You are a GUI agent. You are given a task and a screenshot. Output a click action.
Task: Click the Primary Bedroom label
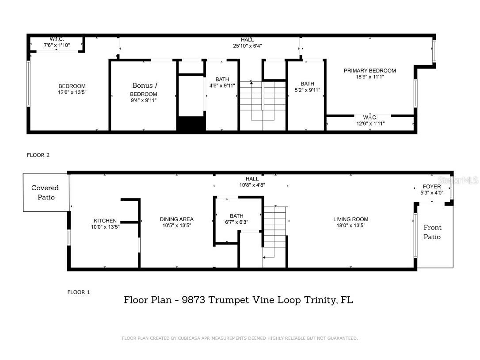click(370, 71)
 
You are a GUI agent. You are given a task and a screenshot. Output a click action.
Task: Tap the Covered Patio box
click(45, 192)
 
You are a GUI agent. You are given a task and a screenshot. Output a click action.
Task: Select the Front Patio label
click(432, 232)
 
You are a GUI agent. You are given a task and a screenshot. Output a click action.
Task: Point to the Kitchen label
click(105, 221)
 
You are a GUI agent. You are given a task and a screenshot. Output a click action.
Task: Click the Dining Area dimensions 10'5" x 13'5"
click(177, 226)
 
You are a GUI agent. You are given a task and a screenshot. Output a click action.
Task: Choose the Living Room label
click(350, 219)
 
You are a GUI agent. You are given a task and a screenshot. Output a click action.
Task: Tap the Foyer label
click(432, 187)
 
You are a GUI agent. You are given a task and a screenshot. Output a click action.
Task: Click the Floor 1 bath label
click(236, 216)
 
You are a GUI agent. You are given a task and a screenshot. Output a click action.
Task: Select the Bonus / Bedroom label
click(143, 90)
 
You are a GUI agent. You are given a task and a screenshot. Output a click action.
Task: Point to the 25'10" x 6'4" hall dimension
click(248, 46)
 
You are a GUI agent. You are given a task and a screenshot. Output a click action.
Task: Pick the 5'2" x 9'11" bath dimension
click(307, 90)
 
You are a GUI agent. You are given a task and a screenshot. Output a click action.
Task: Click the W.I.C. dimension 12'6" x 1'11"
click(370, 123)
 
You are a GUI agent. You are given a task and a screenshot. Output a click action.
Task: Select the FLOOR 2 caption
click(38, 155)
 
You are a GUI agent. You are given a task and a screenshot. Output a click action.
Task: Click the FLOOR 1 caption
click(79, 292)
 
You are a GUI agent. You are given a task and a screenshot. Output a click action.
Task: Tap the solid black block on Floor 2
click(191, 123)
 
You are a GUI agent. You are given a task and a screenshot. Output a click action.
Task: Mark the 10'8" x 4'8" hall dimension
click(252, 185)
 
